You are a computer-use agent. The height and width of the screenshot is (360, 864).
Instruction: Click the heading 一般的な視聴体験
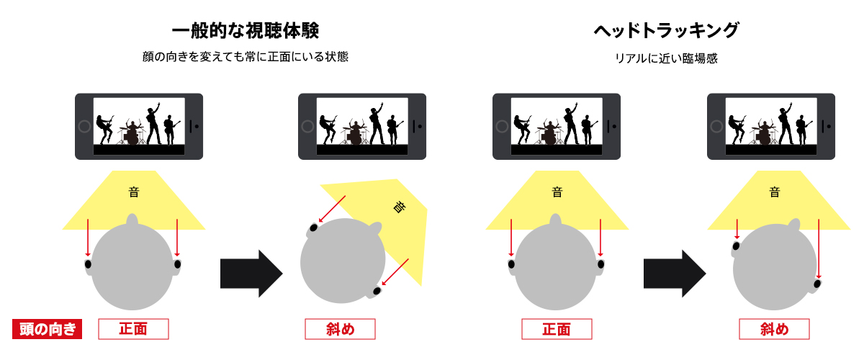coord(246,31)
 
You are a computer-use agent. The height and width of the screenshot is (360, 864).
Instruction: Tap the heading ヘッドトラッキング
coord(666,30)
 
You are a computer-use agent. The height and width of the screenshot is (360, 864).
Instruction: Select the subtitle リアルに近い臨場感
coord(666,58)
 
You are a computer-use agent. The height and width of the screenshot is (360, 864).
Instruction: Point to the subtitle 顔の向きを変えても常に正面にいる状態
coord(246,57)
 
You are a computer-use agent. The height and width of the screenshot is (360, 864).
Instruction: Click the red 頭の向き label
coord(47,329)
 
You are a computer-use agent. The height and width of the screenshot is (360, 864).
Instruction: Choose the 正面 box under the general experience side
coord(133,329)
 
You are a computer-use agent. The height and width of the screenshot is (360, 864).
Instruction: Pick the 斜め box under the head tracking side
coord(774,329)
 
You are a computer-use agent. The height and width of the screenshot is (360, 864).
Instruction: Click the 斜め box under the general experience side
coord(340,329)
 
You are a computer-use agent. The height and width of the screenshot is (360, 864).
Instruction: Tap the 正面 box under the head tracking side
coord(557,329)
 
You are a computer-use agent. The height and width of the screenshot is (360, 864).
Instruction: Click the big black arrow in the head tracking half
coord(674,274)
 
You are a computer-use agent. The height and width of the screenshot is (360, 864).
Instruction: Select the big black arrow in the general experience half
coord(251,274)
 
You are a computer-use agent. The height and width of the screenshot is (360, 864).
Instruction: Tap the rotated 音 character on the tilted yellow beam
coord(400,207)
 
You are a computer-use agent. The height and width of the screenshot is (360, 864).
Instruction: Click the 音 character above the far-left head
coord(134,192)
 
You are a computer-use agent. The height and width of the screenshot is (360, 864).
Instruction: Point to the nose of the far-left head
coord(132,219)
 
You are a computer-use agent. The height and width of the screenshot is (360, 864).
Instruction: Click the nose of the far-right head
coord(794,225)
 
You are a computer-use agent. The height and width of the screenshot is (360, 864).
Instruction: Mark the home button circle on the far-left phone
coord(84,126)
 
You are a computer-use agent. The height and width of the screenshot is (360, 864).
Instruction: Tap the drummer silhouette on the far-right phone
coord(764,133)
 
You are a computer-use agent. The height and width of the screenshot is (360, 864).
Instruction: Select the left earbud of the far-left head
coord(88,264)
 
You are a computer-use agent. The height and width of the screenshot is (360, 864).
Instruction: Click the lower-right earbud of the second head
coord(377,291)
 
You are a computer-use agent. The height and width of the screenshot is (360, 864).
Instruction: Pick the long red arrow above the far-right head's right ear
coord(819,248)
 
